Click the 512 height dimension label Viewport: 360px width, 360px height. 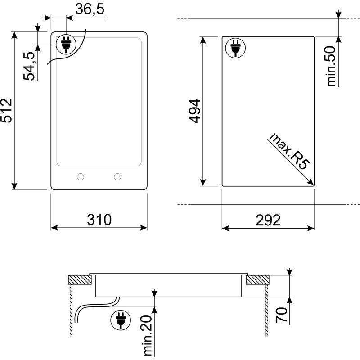pos(6,111)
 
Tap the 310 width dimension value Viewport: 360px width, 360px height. pos(99,220)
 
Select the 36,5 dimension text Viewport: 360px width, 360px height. pos(90,9)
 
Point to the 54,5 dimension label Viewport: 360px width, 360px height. pos(29,66)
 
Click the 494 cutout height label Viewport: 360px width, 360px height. pos(195,111)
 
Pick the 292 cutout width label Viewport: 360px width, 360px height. pos(268,220)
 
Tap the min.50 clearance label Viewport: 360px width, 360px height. pos(331,66)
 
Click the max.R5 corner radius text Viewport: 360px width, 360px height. pos(290,152)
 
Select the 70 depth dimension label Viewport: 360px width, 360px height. pos(282,315)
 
